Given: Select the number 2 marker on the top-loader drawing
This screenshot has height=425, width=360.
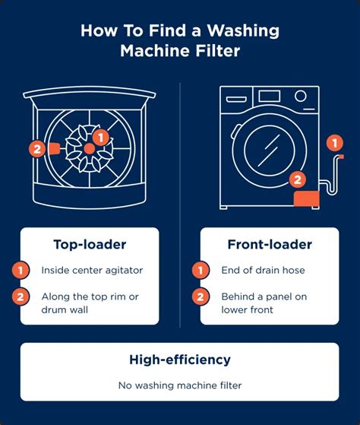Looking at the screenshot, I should (35, 149).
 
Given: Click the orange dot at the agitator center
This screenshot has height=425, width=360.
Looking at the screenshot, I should (90, 148).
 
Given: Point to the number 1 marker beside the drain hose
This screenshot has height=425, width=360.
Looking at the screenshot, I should (331, 141).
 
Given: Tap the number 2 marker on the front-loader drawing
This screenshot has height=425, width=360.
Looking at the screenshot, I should (298, 180).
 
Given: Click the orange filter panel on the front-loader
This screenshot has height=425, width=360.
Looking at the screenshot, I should (311, 198).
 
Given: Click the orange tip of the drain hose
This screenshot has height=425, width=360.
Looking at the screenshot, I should (340, 157).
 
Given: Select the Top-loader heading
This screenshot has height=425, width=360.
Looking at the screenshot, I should (90, 244).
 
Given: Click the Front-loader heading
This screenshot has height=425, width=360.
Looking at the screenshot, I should (270, 244).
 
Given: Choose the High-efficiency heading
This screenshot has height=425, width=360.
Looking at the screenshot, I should (179, 359).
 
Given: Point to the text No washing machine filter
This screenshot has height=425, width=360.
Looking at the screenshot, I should (179, 385).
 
